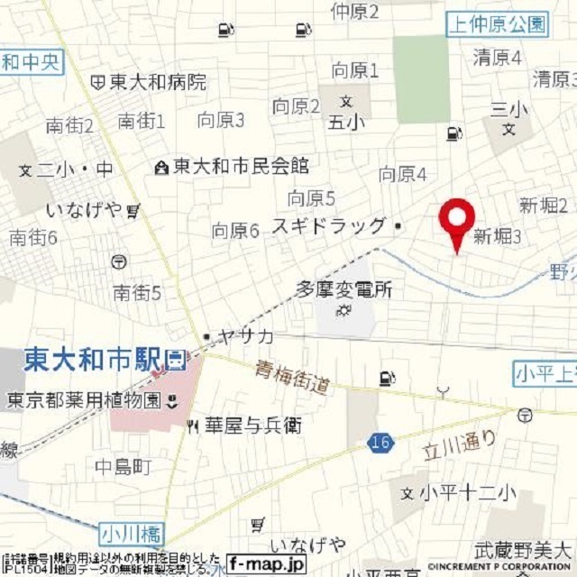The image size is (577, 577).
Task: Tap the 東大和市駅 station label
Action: pos(95,360)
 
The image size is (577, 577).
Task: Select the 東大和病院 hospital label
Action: pos(157,83)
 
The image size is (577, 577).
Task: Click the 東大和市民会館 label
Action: pos(240,166)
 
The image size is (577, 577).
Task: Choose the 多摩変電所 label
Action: pos(344,290)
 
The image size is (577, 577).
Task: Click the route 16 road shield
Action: pos(380,443)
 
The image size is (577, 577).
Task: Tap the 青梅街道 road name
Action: pos(291,377)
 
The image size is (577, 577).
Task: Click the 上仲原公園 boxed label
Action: pos(497,24)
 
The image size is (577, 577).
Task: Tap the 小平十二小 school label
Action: pos(466,493)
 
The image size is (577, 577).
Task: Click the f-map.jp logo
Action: pos(266,563)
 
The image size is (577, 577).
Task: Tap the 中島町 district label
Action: pos(124,466)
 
